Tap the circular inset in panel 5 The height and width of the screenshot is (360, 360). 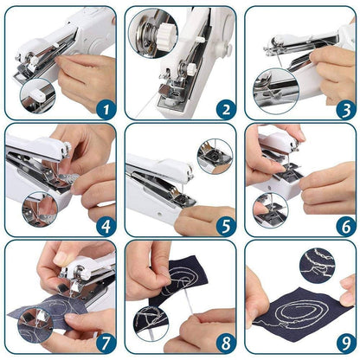coord(213,157)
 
